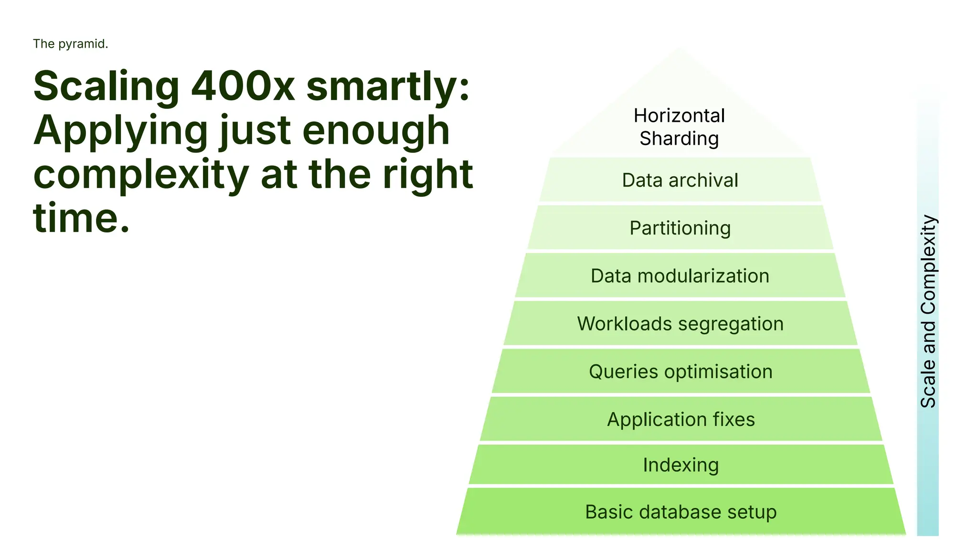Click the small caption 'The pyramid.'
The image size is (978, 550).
71,44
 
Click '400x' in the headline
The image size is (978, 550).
243,86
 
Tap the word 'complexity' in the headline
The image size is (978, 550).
141,175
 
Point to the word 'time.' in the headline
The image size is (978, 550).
81,218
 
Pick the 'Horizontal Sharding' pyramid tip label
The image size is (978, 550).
679,127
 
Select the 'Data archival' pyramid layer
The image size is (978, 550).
680,180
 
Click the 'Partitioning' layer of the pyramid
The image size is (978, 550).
680,228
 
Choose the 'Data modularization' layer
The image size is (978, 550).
680,276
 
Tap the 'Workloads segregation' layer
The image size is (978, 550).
680,324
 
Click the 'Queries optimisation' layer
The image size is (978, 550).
680,371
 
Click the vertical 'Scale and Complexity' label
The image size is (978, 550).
928,311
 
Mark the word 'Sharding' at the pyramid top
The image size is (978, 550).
679,138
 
